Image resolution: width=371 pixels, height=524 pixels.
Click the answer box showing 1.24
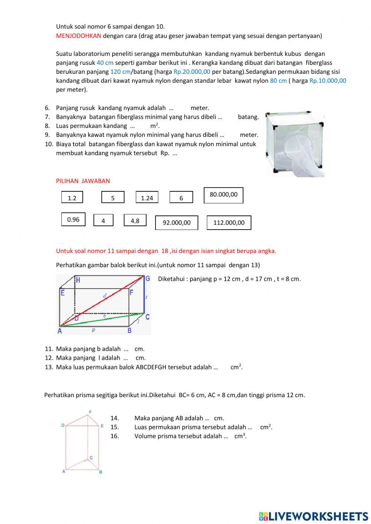147,198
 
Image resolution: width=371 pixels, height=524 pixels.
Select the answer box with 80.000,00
223,195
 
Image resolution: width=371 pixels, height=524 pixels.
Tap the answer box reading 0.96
73,219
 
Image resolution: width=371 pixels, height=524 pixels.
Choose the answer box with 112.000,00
229,223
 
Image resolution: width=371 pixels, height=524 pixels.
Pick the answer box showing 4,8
135,220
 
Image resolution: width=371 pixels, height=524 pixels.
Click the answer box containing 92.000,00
176,223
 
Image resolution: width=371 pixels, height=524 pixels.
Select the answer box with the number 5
113,198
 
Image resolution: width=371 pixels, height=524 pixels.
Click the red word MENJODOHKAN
78,36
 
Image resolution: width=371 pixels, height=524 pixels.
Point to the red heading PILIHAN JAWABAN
83,181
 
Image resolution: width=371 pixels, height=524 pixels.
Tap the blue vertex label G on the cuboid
148,279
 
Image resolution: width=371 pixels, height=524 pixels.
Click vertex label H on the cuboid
78,280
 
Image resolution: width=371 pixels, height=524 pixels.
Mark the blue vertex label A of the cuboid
60,331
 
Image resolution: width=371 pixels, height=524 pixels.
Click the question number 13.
49,367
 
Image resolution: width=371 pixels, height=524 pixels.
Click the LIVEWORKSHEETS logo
313,516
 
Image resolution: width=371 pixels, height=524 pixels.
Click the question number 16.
114,436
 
